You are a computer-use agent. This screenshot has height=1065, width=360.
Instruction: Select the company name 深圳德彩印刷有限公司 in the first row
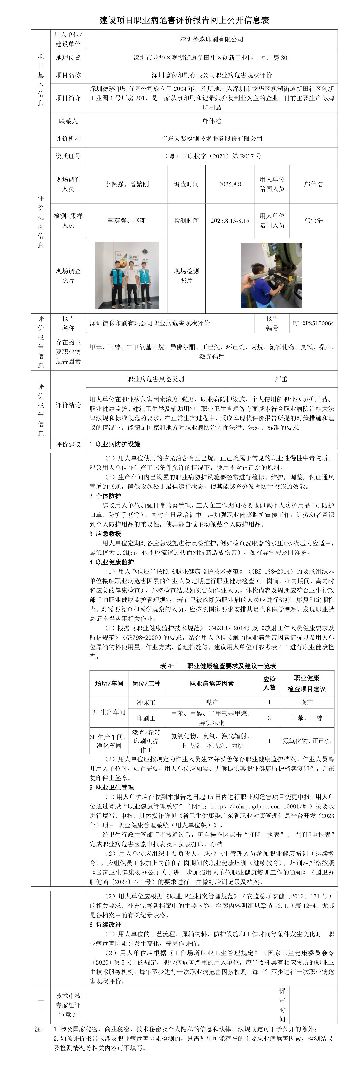click(212, 39)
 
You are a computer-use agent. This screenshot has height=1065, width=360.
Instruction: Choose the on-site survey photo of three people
click(127, 275)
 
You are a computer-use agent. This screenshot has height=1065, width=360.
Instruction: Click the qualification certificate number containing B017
click(212, 156)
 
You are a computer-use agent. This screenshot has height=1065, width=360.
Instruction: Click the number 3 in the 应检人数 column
click(269, 718)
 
